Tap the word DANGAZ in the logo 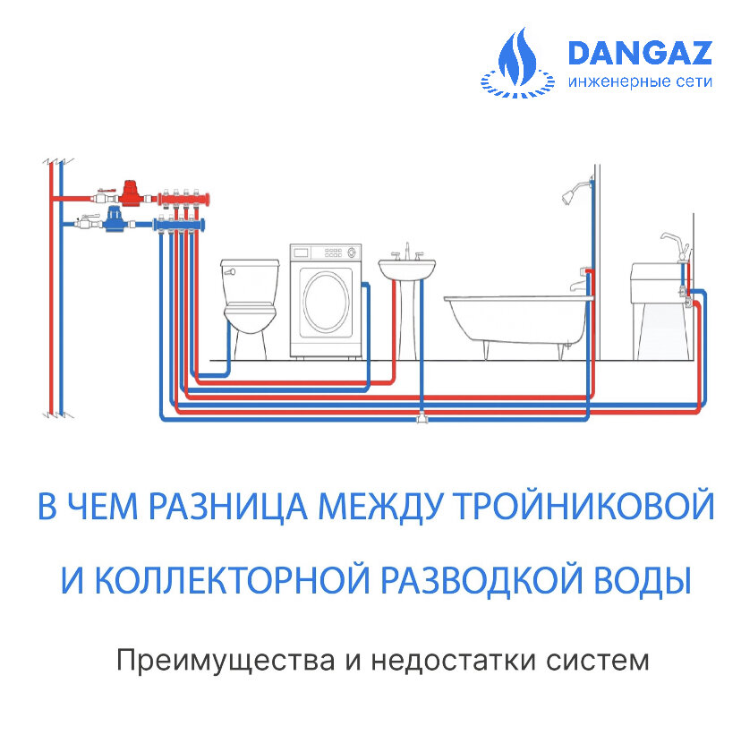point(639,53)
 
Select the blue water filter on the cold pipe point(115,219)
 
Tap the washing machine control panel point(325,252)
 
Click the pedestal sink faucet point(408,252)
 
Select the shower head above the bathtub point(568,192)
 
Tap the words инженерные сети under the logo point(639,81)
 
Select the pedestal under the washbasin point(408,318)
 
